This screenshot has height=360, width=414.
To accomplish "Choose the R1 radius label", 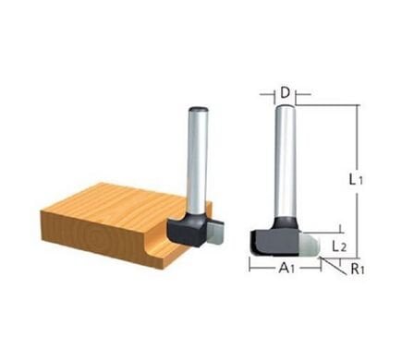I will click(x=357, y=271).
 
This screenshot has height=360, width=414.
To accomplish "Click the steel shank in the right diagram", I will click(x=286, y=166).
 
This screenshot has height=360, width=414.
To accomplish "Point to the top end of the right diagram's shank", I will click(x=286, y=108).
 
